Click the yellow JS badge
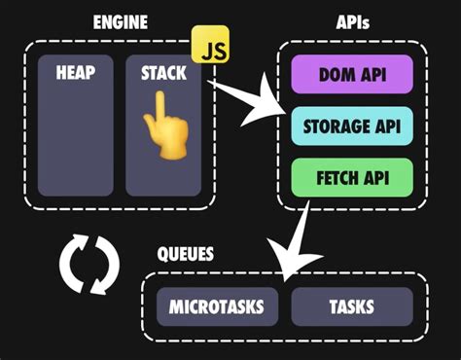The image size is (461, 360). (x=209, y=46)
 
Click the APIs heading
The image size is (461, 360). (x=351, y=20)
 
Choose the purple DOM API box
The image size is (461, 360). (x=352, y=74)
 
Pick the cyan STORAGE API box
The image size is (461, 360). (x=352, y=125)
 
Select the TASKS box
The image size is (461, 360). (x=352, y=306)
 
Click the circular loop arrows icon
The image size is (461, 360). (x=89, y=263)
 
